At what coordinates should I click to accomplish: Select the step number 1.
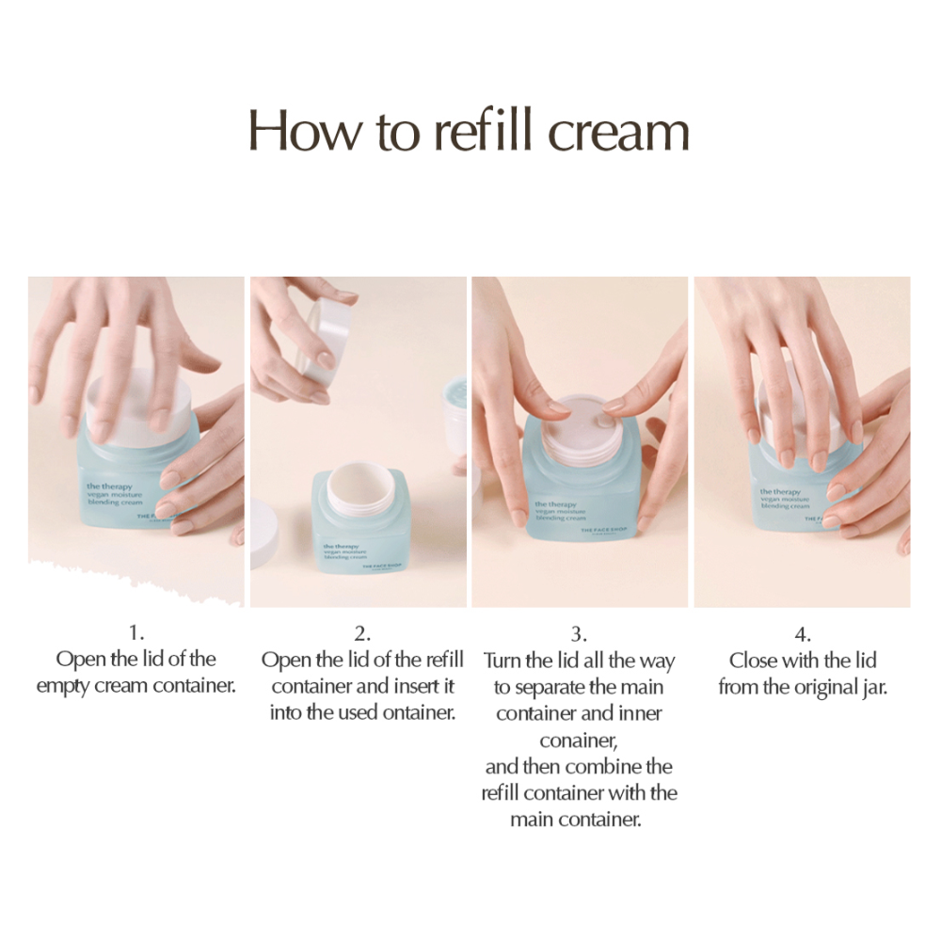click(x=136, y=633)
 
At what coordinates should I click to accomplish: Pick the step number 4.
click(x=803, y=633)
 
